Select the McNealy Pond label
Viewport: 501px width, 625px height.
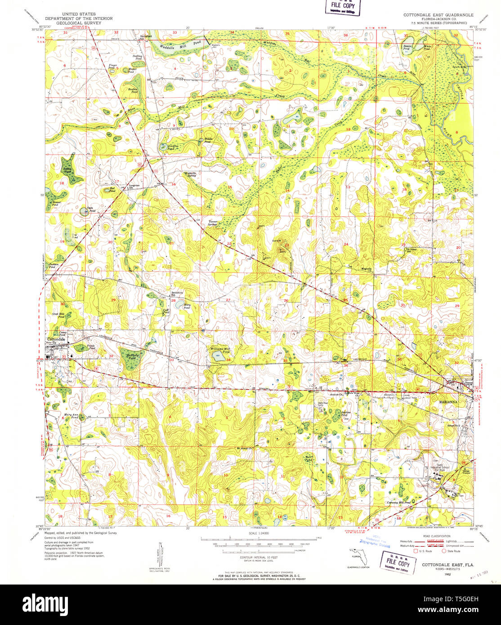(132, 357)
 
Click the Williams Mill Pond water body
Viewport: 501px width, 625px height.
(217, 357)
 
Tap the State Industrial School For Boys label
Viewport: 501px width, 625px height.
(439, 470)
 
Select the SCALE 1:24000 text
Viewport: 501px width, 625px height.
(258, 534)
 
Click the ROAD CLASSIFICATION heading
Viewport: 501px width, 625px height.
(436, 536)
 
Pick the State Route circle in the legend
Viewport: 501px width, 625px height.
(444, 551)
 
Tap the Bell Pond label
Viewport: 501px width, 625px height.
(308, 459)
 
